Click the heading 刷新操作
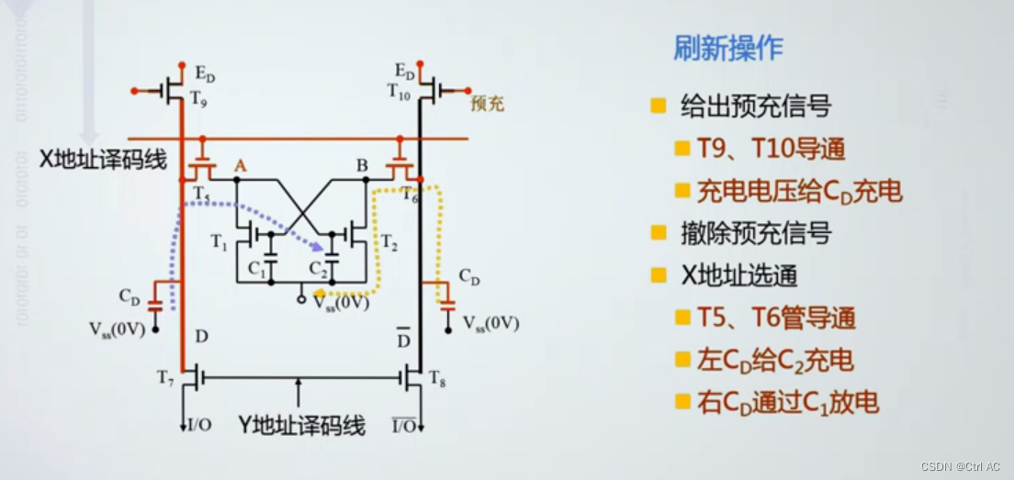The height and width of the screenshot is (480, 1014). click(x=727, y=49)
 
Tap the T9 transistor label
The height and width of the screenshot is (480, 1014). click(x=198, y=95)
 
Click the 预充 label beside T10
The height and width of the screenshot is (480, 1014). click(x=487, y=104)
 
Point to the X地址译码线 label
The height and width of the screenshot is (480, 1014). click(x=103, y=160)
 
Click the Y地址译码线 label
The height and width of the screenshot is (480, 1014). click(x=301, y=425)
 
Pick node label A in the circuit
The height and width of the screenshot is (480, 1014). click(x=241, y=165)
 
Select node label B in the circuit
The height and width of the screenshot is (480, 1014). click(x=362, y=165)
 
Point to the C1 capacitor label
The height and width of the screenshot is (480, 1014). click(x=256, y=271)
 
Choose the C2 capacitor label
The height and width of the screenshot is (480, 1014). click(x=319, y=271)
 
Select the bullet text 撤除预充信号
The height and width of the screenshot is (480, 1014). click(x=756, y=233)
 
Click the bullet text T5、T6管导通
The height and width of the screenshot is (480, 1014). click(x=776, y=318)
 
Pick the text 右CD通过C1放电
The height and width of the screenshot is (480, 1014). click(x=787, y=402)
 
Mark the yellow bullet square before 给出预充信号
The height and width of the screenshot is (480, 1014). click(x=658, y=106)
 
